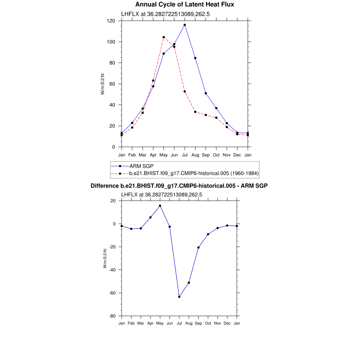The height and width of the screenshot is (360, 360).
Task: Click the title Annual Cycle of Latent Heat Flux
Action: pyautogui.click(x=185, y=5)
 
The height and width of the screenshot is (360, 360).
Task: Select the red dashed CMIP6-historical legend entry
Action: pyautogui.click(x=194, y=173)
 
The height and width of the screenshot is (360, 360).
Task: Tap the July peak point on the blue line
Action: pyautogui.click(x=185, y=25)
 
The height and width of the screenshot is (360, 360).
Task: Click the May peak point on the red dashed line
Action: pyautogui.click(x=163, y=37)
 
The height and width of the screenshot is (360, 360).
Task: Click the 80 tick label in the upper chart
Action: pyautogui.click(x=112, y=63)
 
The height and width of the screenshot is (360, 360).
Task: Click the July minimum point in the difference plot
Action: pyautogui.click(x=179, y=297)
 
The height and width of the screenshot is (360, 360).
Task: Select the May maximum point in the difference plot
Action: pyautogui.click(x=160, y=206)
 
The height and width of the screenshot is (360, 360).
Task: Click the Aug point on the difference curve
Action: pyautogui.click(x=189, y=283)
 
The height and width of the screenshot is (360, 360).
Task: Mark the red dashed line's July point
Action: pyautogui.click(x=185, y=91)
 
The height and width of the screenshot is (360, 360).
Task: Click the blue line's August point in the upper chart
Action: pyautogui.click(x=195, y=58)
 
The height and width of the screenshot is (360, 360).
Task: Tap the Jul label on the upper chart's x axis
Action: pyautogui.click(x=185, y=155)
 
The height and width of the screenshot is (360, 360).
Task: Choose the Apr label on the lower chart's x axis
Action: pyautogui.click(x=150, y=323)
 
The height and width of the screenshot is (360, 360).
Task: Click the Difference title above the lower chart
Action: pyautogui.click(x=179, y=186)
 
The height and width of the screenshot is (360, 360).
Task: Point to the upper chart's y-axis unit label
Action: pyautogui.click(x=103, y=84)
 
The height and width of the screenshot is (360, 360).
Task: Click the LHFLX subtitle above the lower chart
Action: pyautogui.click(x=161, y=194)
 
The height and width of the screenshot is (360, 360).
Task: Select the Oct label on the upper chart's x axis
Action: pyautogui.click(x=216, y=155)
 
